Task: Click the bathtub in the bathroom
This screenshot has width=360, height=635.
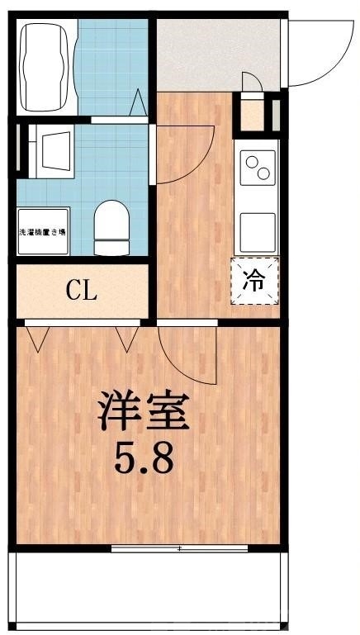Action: [46, 66]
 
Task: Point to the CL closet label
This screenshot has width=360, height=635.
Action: [81, 290]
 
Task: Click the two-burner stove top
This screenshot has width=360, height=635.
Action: [258, 168]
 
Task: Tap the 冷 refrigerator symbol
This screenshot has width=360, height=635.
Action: [255, 281]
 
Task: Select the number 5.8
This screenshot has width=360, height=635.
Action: [144, 459]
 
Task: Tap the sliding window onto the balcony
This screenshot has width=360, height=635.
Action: [179, 547]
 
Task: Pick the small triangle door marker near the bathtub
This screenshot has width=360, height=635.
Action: [139, 103]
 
